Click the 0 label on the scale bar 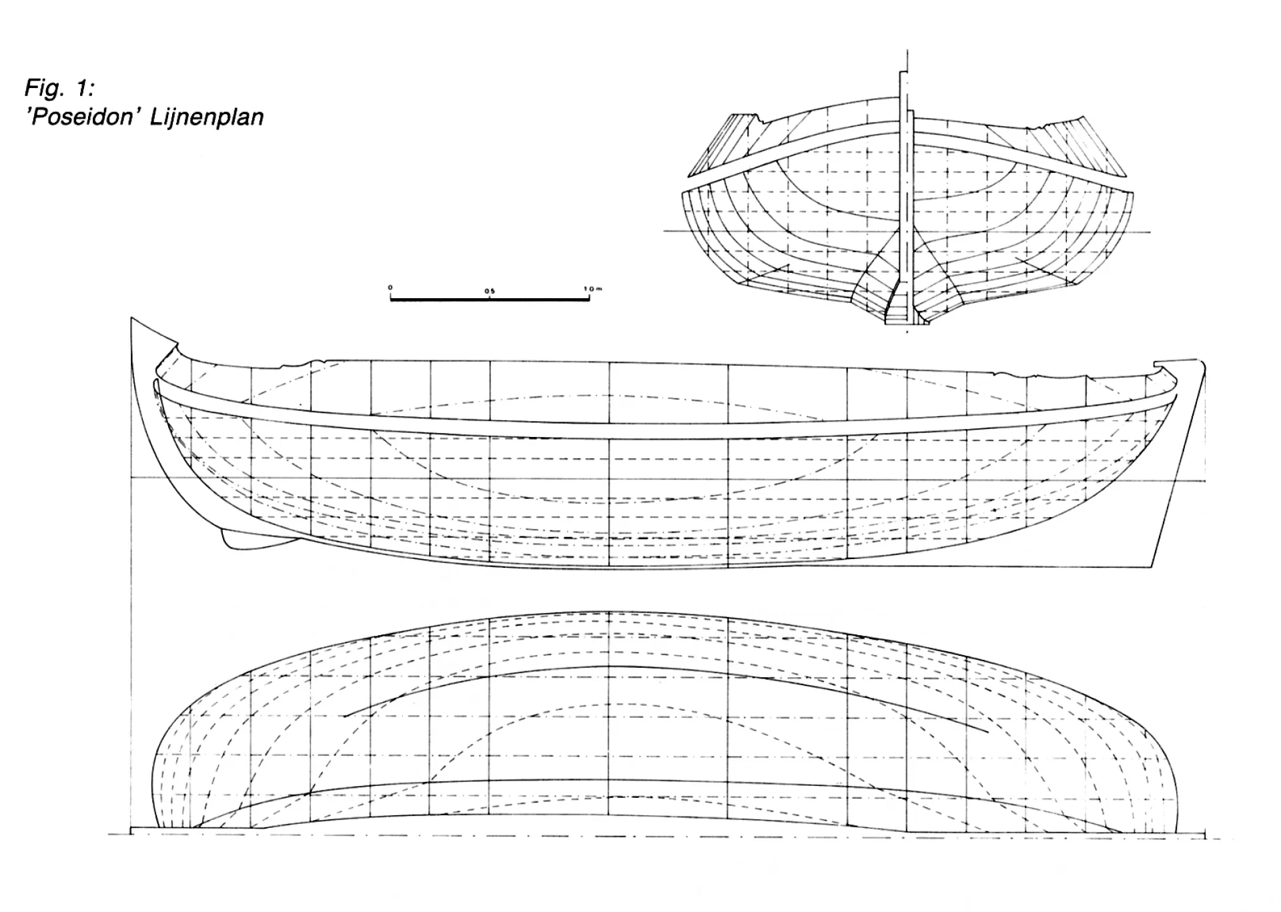point(391,288)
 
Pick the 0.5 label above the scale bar point(490,291)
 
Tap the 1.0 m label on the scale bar point(593,289)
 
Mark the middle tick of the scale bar point(490,298)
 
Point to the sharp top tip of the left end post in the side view point(132,318)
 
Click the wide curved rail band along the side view point(661,430)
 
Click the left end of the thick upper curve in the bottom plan point(346,716)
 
